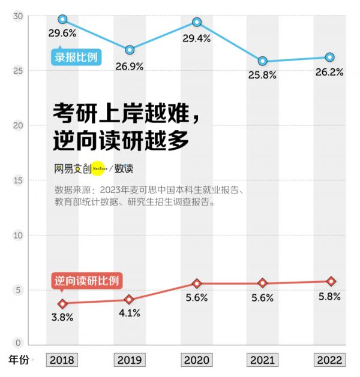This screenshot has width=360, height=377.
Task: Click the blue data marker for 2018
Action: (x=62, y=19)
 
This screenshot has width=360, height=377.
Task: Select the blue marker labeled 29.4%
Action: (x=196, y=22)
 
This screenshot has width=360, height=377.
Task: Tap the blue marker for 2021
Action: (x=263, y=61)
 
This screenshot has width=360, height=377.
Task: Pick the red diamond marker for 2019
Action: (x=129, y=299)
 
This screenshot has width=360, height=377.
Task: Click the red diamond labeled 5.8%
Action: (x=330, y=281)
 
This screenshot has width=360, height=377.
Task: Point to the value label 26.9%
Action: (x=130, y=67)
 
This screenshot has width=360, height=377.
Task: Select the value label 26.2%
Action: (x=329, y=72)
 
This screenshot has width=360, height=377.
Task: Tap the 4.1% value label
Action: (x=128, y=313)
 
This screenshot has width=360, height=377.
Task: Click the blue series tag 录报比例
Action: (x=75, y=58)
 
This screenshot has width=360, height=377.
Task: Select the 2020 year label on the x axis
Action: (x=196, y=360)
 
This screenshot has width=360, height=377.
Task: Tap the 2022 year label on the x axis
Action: (x=330, y=360)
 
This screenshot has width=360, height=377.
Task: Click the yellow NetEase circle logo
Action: (x=98, y=169)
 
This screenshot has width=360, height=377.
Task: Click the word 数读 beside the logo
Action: (x=124, y=169)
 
